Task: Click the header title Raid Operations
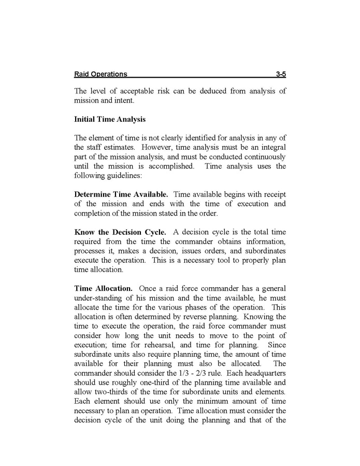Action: click(x=100, y=75)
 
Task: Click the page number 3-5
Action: click(x=280, y=75)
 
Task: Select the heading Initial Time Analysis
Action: click(x=110, y=119)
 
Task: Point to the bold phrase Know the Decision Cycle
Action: click(x=120, y=232)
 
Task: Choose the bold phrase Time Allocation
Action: click(x=104, y=288)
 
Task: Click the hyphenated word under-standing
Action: click(x=100, y=298)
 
